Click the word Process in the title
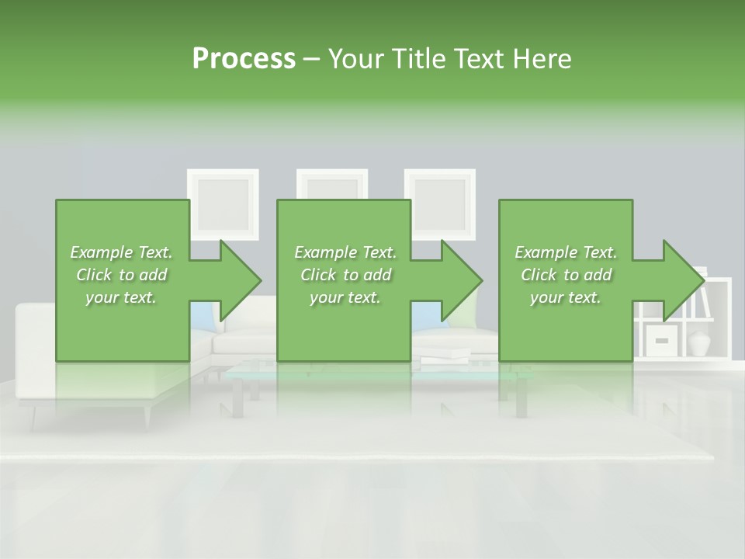pos(244,58)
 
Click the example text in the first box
pos(121,275)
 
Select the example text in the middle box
pos(345,275)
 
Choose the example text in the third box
pos(565,275)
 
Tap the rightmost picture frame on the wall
pos(440,203)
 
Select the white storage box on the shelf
pos(662,339)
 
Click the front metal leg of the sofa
pos(146,416)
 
